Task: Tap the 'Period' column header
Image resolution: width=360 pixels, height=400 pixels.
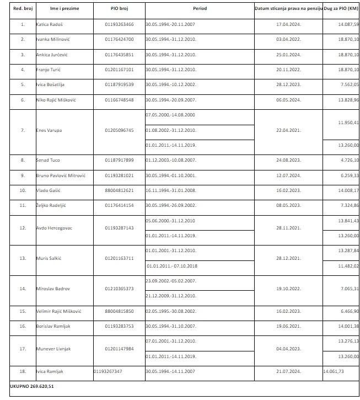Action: pos(200,10)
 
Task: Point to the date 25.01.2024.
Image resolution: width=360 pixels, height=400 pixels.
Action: pos(288,55)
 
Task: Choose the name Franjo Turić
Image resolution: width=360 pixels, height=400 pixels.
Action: pos(48,70)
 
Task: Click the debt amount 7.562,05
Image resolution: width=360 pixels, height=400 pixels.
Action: pos(350,85)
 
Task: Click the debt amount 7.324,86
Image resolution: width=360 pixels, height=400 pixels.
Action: pos(350,205)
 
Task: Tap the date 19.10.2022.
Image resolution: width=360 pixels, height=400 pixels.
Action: pos(288,288)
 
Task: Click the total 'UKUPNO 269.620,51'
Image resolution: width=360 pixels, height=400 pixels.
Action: pos(32,386)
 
